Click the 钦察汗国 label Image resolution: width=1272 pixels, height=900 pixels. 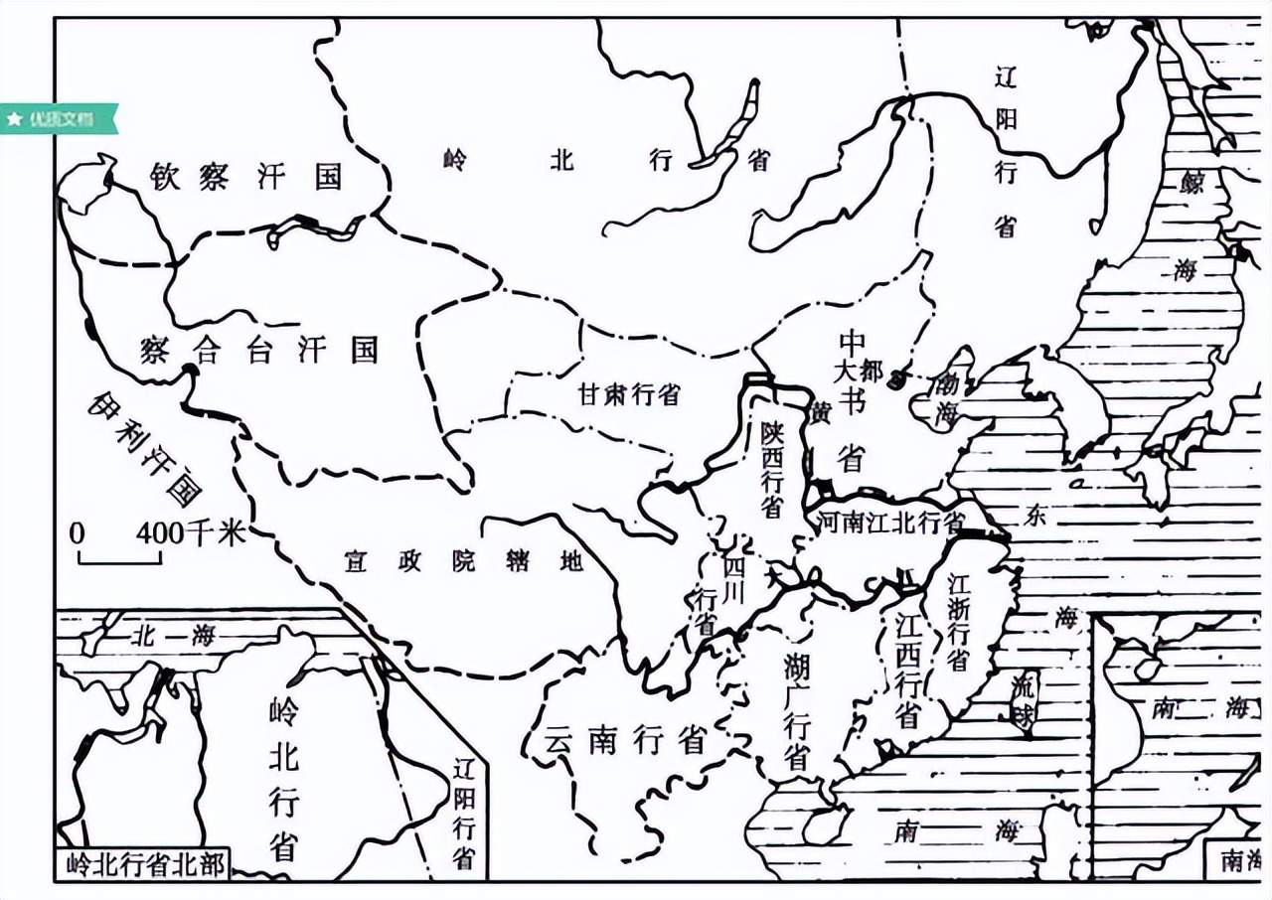pyautogui.click(x=245, y=177)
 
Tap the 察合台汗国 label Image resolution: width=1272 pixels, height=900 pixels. pyautogui.click(x=259, y=350)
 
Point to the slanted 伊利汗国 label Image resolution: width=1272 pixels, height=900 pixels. pyautogui.click(x=145, y=447)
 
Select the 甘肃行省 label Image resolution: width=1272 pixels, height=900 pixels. pyautogui.click(x=629, y=394)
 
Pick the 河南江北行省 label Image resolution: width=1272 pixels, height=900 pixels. pyautogui.click(x=889, y=522)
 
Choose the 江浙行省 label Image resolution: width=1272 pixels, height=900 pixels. pyautogui.click(x=958, y=621)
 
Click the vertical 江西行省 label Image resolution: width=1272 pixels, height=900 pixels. pyautogui.click(x=906, y=671)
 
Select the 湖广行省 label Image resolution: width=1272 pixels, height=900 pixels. pyautogui.click(x=795, y=710)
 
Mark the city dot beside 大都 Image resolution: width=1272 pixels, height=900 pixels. pyautogui.click(x=897, y=378)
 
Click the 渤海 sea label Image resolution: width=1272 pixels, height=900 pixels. pyautogui.click(x=944, y=397)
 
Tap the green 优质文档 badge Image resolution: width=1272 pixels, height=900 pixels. pyautogui.click(x=60, y=118)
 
